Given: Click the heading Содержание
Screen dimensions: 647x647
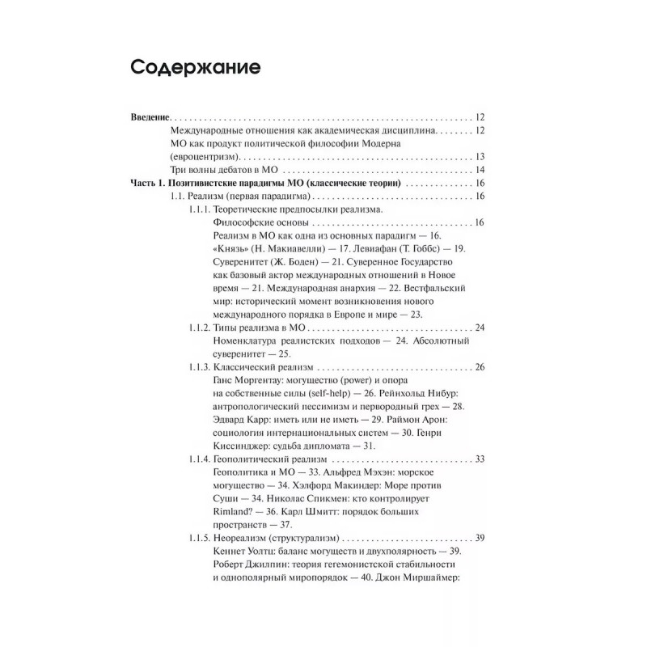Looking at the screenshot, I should (x=195, y=68).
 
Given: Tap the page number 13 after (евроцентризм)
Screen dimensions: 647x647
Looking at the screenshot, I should (x=479, y=156).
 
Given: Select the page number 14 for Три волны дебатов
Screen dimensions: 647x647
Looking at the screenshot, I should (x=479, y=170).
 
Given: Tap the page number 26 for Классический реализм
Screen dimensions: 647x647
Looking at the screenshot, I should (x=479, y=367).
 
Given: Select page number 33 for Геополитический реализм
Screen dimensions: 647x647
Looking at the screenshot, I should (x=479, y=459).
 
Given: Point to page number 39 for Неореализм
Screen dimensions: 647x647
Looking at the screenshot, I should (x=479, y=538).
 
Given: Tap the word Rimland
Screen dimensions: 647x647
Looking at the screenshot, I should (x=233, y=512).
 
